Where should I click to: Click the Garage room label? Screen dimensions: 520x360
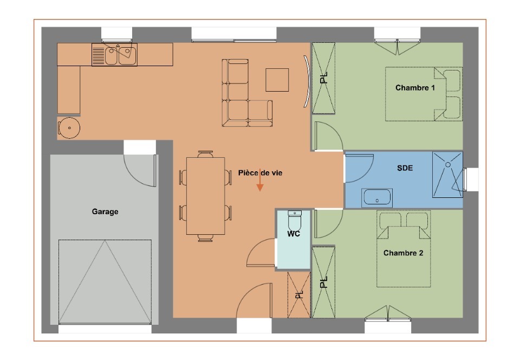coord(105,211)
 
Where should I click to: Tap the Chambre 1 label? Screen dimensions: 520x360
coord(415,88)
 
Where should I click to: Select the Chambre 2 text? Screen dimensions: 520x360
coord(403,253)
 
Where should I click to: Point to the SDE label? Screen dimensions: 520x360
coord(405,168)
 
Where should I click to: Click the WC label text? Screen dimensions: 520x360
coord(294,234)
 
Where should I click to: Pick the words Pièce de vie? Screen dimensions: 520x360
coord(260,173)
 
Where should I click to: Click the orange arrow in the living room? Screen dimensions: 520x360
coord(260,180)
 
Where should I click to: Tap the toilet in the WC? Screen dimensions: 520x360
coord(295,220)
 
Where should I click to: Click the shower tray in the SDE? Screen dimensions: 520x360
coord(447,175)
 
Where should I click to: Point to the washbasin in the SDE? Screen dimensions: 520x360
coord(377,197)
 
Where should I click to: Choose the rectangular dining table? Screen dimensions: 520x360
coord(206,196)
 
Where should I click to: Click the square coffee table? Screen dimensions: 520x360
coord(277,80)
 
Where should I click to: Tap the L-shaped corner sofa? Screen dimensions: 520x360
coord(236,113)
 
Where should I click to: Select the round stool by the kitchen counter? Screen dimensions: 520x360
coord(69,128)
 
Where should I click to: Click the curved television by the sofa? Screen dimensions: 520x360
coord(307,81)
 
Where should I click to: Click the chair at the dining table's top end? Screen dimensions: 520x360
coord(206,155)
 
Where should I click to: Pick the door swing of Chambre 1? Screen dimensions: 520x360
coord(328,136)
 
